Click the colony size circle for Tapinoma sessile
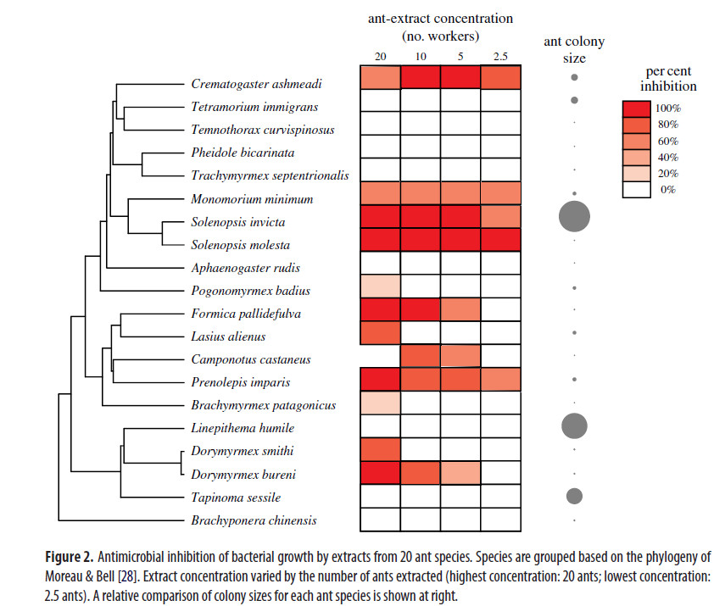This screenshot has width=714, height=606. tap(574, 496)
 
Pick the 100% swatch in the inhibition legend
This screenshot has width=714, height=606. tap(636, 108)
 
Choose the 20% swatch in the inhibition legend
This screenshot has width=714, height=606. tap(636, 174)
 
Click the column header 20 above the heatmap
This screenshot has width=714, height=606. tap(381, 56)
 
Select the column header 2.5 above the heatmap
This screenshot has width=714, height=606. tap(499, 56)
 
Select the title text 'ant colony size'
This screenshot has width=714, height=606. tap(573, 50)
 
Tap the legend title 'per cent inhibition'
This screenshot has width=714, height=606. tap(669, 79)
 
